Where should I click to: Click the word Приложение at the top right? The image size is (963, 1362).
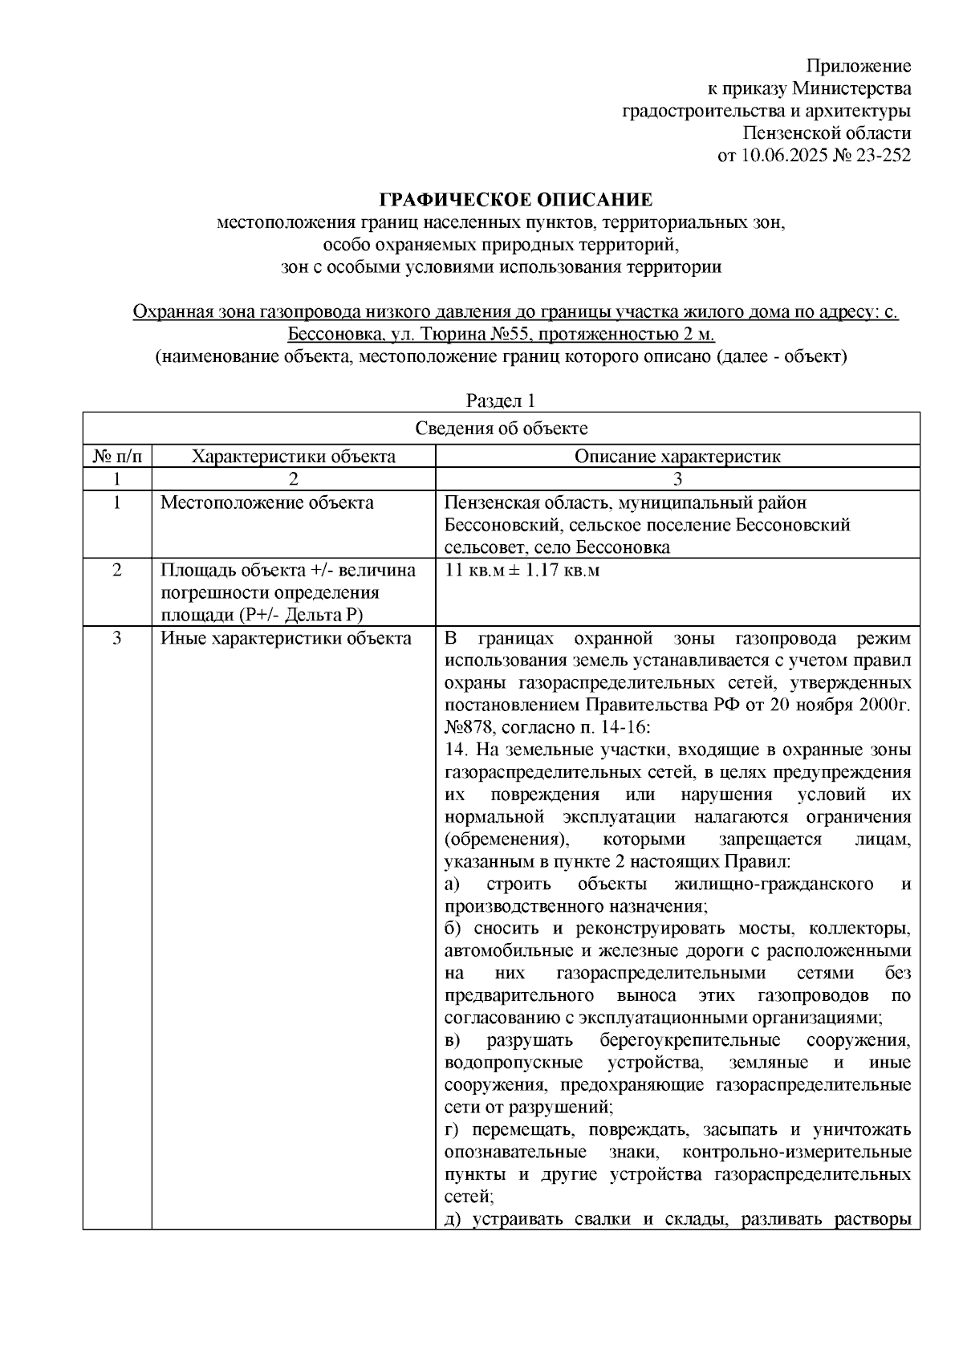click(858, 66)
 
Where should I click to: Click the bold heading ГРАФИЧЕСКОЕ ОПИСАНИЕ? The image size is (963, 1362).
click(515, 199)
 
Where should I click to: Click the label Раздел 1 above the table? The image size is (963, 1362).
click(501, 400)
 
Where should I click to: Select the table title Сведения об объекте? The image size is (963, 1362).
click(501, 429)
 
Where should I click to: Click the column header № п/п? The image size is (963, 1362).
click(117, 457)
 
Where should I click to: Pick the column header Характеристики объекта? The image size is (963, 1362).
click(293, 457)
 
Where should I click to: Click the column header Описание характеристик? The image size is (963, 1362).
click(677, 457)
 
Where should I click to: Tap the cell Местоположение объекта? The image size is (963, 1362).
click(266, 503)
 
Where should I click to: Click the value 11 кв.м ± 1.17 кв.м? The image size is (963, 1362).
click(522, 571)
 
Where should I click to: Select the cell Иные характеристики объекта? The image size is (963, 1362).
click(286, 639)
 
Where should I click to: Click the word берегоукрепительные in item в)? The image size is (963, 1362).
click(689, 1041)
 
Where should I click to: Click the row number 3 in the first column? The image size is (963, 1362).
click(117, 639)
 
